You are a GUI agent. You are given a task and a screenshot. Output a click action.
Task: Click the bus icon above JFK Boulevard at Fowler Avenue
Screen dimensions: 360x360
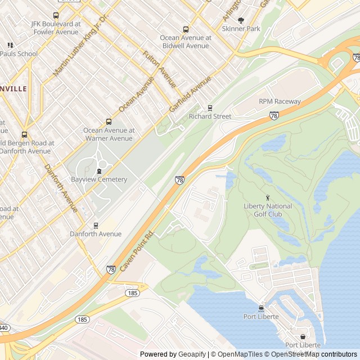(55, 16)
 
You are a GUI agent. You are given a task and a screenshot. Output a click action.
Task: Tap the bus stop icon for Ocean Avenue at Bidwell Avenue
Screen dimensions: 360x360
(186, 29)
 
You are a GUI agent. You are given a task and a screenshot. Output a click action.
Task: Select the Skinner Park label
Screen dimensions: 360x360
(241, 28)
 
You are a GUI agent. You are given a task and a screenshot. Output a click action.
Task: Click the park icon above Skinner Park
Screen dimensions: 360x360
(241, 20)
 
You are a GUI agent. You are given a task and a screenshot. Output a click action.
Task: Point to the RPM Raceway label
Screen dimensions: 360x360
(280, 101)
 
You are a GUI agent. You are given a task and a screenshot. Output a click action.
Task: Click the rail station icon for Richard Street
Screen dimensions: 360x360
(210, 107)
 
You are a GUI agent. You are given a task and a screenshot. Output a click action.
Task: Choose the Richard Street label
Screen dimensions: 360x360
(210, 116)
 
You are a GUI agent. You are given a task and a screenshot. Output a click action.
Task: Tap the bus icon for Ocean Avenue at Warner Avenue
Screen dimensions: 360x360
(109, 121)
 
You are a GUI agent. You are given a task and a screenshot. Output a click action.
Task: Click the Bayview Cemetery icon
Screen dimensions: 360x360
(99, 171)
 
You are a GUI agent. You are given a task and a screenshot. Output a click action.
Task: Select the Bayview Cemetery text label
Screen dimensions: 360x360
(99, 179)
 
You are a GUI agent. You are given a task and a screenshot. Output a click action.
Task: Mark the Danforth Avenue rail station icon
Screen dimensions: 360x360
(96, 225)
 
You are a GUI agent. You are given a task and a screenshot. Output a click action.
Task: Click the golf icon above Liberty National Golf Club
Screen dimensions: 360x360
(268, 197)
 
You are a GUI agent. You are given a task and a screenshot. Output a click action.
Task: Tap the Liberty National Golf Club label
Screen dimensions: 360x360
(268, 210)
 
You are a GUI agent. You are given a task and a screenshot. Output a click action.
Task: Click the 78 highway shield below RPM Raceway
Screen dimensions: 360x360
(274, 115)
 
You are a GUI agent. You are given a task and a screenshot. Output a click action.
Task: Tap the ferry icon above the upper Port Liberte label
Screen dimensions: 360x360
(261, 308)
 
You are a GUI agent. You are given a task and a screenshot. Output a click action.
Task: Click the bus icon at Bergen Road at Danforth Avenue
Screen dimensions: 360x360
(24, 134)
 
